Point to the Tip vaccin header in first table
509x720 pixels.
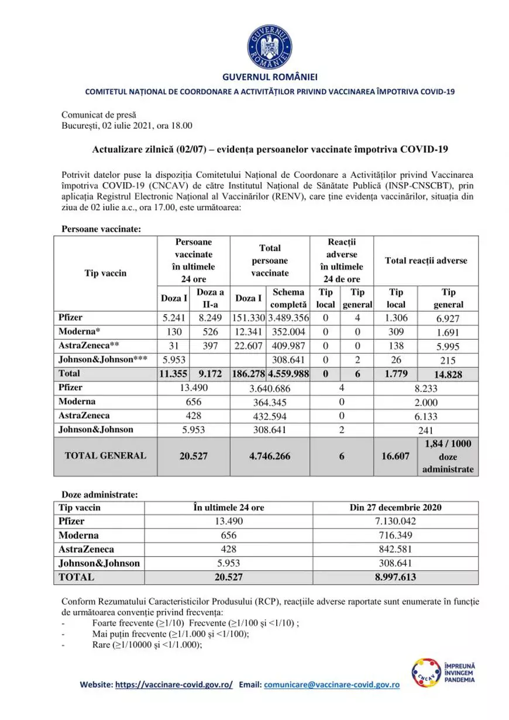(x=106, y=273)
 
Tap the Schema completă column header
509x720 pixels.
(x=288, y=299)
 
